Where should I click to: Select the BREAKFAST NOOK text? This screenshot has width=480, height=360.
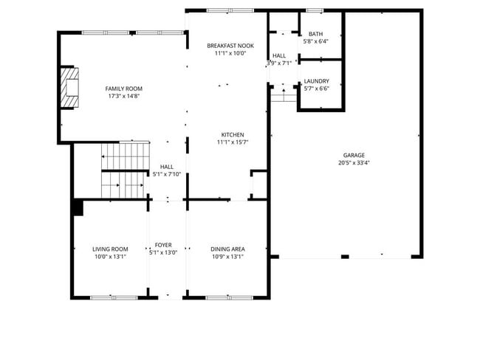[x=230, y=45]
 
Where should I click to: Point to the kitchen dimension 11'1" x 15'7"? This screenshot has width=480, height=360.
[x=233, y=142]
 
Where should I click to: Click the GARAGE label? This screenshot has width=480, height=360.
[x=353, y=155]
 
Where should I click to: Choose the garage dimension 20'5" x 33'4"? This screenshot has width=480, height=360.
[x=353, y=162]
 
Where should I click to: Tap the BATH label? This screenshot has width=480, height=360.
[x=315, y=34]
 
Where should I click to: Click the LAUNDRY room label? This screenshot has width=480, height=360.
[x=316, y=81]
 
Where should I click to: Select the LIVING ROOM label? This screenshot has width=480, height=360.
[x=110, y=249]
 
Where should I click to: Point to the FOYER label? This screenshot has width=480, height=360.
[x=162, y=245]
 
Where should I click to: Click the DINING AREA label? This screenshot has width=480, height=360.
[x=227, y=249]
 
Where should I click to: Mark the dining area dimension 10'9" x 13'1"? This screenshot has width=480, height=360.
[x=227, y=257]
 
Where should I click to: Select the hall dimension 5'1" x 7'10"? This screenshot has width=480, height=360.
[x=166, y=175]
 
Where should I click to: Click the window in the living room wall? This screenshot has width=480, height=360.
[x=109, y=297]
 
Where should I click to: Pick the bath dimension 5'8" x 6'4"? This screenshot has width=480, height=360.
[x=315, y=41]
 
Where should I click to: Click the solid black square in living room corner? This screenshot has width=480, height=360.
[x=78, y=208]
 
